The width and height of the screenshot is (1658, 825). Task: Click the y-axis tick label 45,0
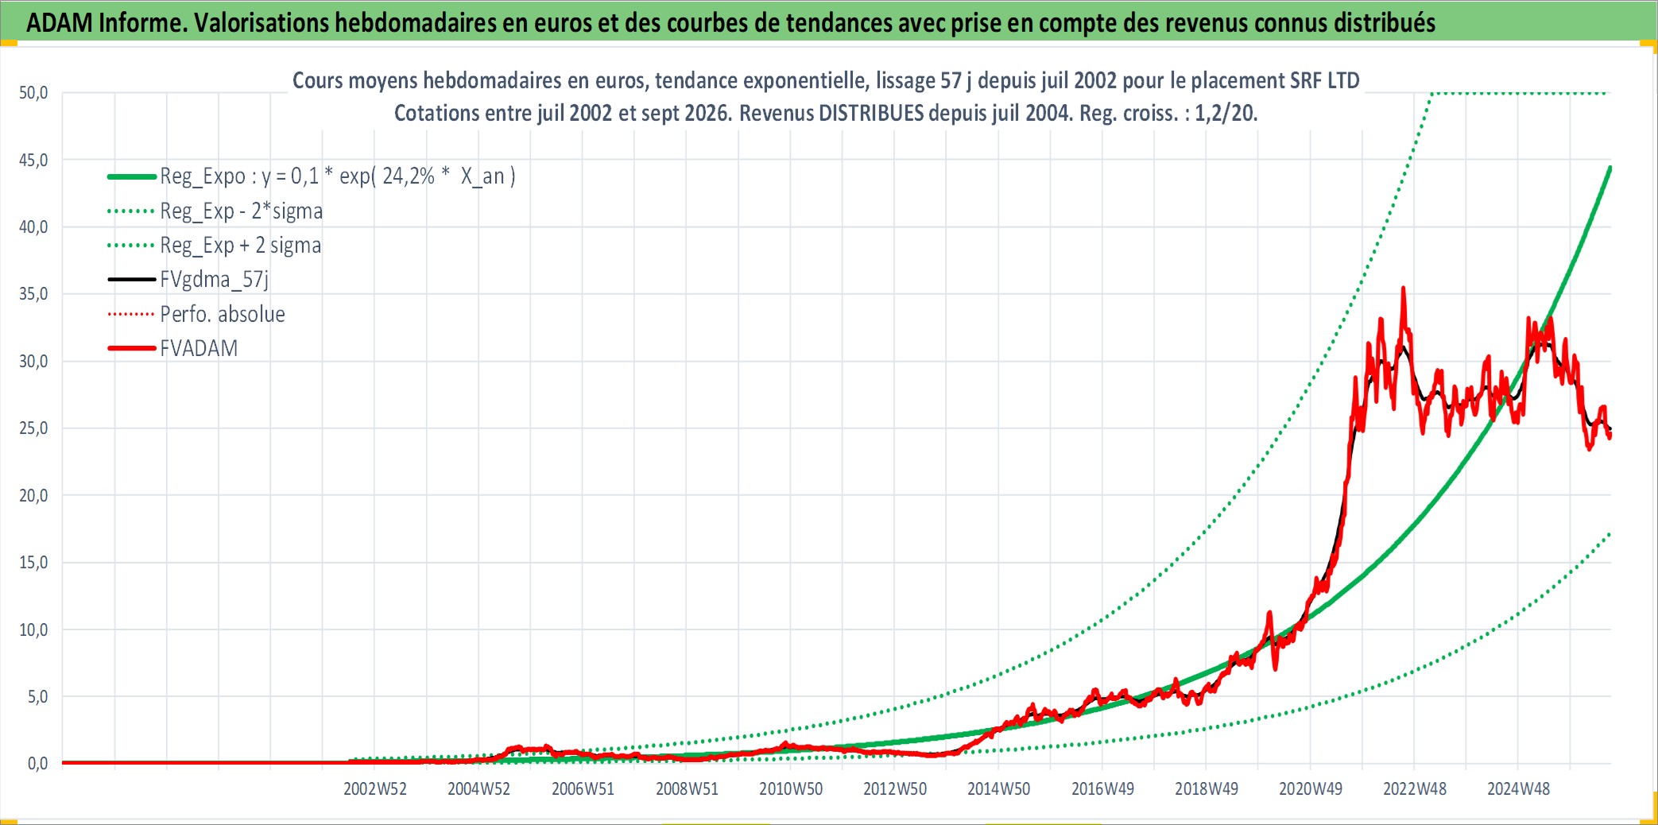pyautogui.click(x=33, y=160)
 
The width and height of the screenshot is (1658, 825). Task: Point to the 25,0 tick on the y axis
pyautogui.click(x=33, y=428)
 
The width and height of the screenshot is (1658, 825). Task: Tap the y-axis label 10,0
pyautogui.click(x=33, y=629)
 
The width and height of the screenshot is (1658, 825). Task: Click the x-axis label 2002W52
pyautogui.click(x=375, y=789)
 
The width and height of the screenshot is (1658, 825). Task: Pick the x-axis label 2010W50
pyautogui.click(x=791, y=789)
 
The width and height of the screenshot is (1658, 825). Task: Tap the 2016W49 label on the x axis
pyautogui.click(x=1102, y=789)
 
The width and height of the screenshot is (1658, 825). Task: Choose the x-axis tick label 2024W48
pyautogui.click(x=1518, y=789)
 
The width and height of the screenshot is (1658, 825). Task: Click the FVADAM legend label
pyautogui.click(x=199, y=348)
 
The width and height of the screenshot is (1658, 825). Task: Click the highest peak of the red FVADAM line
pyautogui.click(x=1404, y=288)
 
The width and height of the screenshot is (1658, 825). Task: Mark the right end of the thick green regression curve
pyautogui.click(x=1610, y=168)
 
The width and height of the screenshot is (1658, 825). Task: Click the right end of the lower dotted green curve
pyautogui.click(x=1610, y=533)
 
